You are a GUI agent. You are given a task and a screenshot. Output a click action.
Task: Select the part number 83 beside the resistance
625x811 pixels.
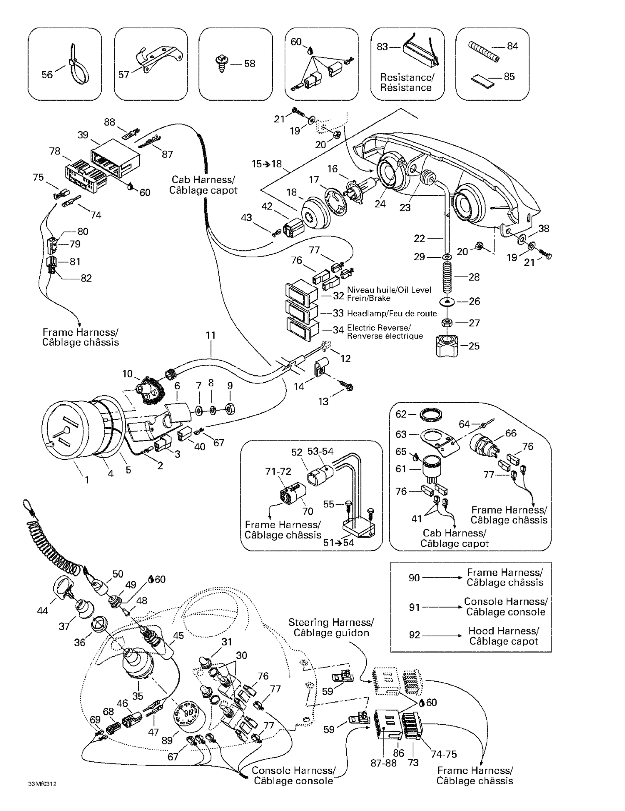[x=382, y=47]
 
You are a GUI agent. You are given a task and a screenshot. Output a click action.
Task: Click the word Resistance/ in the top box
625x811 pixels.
[x=407, y=77]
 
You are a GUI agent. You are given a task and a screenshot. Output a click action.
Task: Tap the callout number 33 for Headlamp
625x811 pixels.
[x=338, y=313]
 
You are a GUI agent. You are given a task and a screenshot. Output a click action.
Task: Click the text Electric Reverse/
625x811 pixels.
[x=379, y=328]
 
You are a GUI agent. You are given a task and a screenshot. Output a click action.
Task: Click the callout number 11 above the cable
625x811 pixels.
[x=211, y=335]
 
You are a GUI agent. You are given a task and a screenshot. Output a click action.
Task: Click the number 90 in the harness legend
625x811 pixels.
[x=414, y=578]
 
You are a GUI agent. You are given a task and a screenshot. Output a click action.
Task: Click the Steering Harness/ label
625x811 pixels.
[x=331, y=622]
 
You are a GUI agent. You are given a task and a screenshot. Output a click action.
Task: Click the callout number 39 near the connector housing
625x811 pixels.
[x=83, y=135]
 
